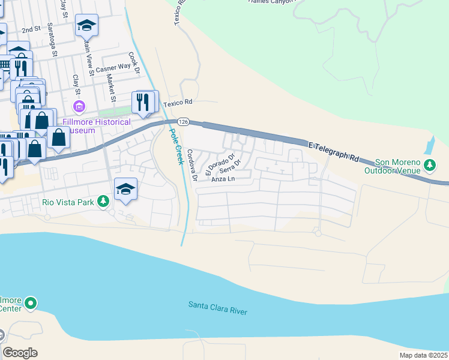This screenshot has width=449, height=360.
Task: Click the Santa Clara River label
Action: coord(217,308)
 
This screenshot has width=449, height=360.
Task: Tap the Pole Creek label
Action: coord(175,147)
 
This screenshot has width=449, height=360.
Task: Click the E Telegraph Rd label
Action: coord(334,152)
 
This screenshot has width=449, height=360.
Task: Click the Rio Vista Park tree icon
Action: coord(104,201)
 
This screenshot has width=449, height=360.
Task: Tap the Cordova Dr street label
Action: coord(191,166)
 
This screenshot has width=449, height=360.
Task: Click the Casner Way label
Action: coord(113,68)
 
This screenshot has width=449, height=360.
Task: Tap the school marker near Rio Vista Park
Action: coord(125,189)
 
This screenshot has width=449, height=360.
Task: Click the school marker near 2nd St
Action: coord(86,25)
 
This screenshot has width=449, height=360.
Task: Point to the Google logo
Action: coord(20,353)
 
